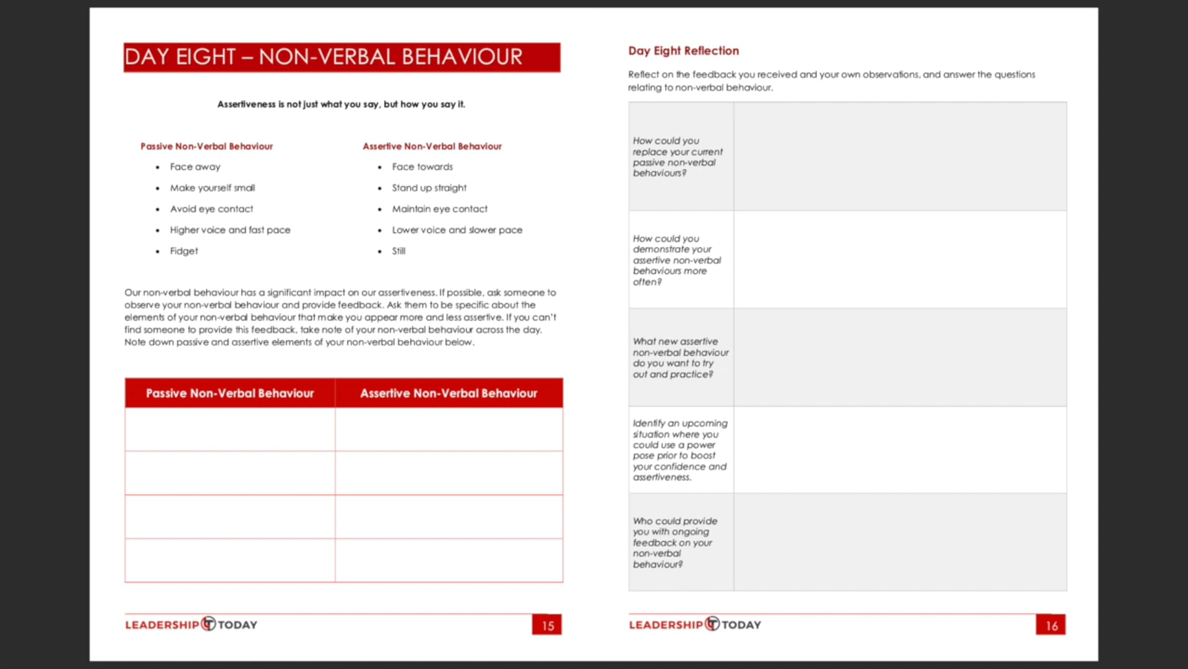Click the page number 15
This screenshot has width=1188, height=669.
548,625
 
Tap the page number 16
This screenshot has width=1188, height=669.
1051,625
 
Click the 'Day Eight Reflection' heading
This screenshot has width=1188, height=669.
683,51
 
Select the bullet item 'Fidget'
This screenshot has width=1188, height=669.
184,251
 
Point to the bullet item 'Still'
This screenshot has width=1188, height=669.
398,251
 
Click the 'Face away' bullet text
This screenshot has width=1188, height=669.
195,167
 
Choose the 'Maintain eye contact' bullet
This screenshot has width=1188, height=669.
439,209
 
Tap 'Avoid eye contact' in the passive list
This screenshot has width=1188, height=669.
211,209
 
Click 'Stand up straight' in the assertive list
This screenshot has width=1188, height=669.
429,188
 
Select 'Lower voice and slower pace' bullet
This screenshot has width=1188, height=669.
457,230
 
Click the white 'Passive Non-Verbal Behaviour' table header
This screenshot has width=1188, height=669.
230,393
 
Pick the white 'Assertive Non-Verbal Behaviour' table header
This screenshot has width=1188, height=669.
449,393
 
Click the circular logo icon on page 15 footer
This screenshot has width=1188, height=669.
209,624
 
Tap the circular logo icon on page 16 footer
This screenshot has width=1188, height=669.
712,624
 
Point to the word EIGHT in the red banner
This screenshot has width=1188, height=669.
205,57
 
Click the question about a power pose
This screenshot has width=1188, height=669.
679,450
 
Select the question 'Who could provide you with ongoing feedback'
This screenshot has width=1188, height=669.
674,543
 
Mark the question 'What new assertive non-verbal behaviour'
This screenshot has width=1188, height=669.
680,358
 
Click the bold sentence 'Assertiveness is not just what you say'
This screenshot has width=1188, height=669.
341,104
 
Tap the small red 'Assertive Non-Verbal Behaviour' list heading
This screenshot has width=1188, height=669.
432,146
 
